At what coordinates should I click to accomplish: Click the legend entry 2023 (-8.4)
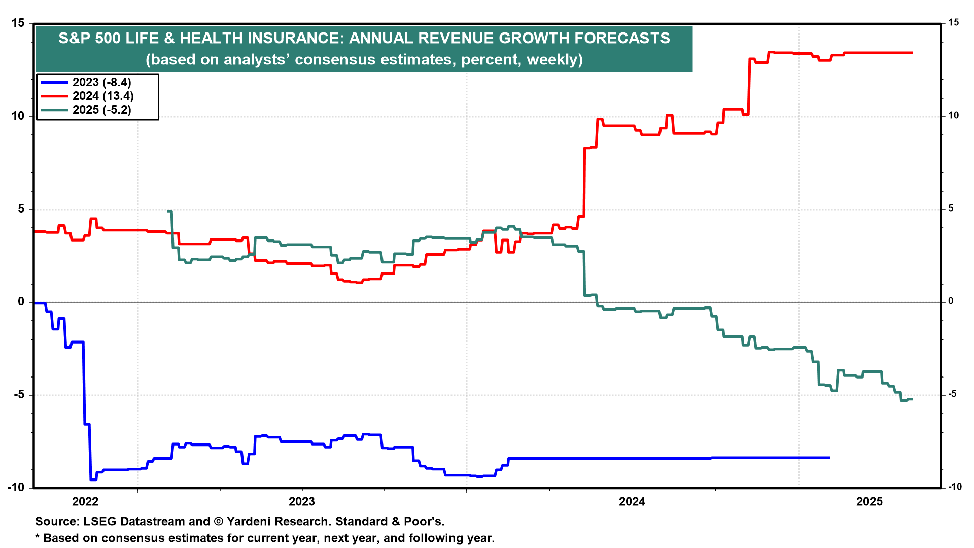[x=101, y=82]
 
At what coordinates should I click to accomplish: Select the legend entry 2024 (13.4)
[x=102, y=96]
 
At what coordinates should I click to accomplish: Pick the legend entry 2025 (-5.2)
[x=101, y=110]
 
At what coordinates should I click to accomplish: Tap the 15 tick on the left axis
[x=18, y=23]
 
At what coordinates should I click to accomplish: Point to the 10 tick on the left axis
[x=18, y=116]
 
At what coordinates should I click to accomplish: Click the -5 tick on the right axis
[x=952, y=394]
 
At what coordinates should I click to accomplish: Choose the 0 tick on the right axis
[x=951, y=301]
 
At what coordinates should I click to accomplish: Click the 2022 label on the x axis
[x=85, y=502]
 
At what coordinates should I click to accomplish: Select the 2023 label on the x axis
[x=302, y=502]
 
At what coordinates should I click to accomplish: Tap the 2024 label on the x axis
[x=632, y=502]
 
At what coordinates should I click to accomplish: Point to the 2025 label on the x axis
[x=869, y=502]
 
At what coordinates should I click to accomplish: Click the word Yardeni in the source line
[x=251, y=521]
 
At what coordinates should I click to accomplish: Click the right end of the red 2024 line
[x=912, y=53]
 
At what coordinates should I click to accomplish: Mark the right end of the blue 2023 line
[x=829, y=458]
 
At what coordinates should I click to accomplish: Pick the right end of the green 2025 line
[x=912, y=399]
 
